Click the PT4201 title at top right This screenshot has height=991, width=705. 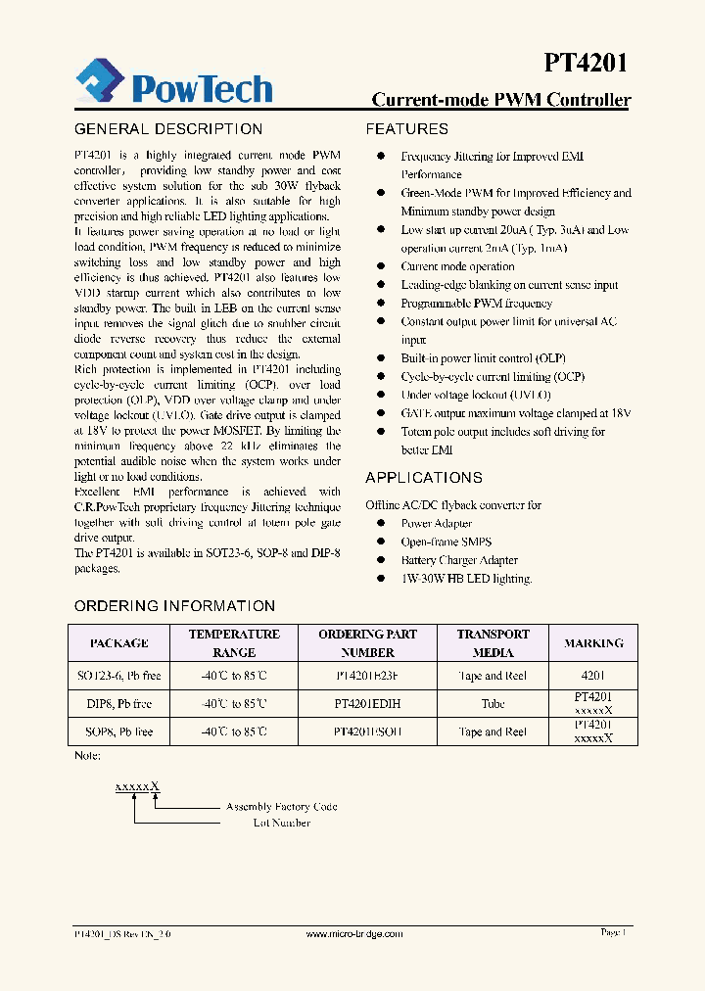click(x=586, y=64)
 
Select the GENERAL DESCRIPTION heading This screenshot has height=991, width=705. click(x=168, y=129)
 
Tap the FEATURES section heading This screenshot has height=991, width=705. click(x=406, y=129)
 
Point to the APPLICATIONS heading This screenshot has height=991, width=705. click(x=424, y=478)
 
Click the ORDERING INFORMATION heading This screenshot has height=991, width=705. click(x=174, y=606)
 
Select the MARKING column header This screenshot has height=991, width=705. click(x=593, y=643)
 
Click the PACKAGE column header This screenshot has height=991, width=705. click(x=118, y=643)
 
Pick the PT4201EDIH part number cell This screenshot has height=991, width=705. click(x=367, y=703)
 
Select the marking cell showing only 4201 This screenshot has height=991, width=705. click(x=593, y=676)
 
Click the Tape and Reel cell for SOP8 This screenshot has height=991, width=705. click(x=493, y=731)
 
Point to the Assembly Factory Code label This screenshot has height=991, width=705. click(x=281, y=807)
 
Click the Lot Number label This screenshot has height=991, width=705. click(x=281, y=823)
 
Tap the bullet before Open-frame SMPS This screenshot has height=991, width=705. click(x=380, y=542)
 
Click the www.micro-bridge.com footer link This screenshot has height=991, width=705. click(x=354, y=934)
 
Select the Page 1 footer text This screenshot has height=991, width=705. click(x=613, y=933)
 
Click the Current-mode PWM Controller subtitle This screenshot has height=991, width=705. click(x=501, y=100)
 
